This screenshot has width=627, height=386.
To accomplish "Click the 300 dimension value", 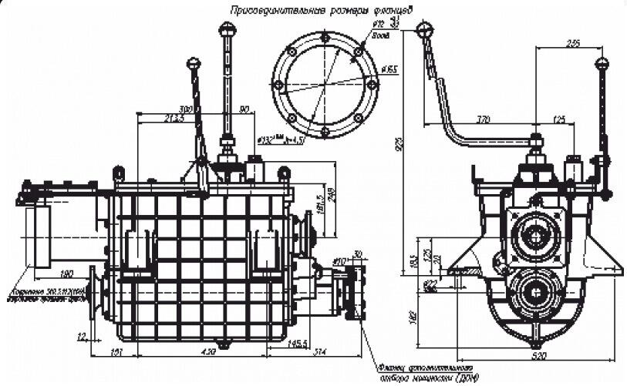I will tap(186, 109).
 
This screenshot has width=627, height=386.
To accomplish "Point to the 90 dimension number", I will tap(244, 109).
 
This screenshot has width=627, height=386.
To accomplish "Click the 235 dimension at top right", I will tap(572, 44).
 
